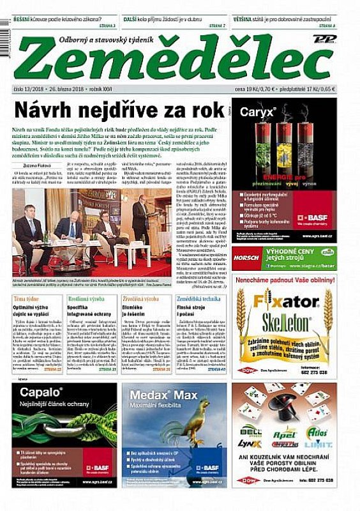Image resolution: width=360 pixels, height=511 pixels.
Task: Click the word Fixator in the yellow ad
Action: (279, 300)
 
